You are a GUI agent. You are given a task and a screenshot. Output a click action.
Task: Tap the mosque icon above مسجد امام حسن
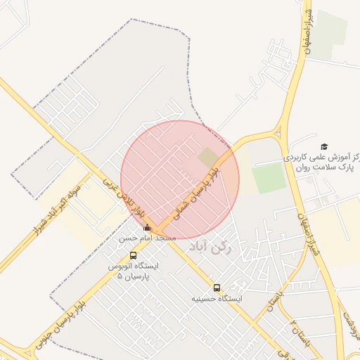pos(147,228)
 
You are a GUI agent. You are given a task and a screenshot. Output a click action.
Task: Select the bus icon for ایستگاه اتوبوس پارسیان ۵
pos(134,255)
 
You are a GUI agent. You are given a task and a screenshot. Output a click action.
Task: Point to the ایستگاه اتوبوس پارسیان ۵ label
pos(134,271)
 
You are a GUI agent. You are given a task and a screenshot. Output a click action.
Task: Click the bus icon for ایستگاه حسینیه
pos(217,287)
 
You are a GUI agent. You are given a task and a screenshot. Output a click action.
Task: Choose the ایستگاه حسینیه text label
pos(217,299)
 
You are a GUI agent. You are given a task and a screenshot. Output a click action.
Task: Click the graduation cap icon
pos(324,146)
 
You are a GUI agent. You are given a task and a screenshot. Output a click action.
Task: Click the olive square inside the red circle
pos(208,158)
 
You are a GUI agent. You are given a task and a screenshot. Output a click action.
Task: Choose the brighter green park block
pos(269,179)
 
